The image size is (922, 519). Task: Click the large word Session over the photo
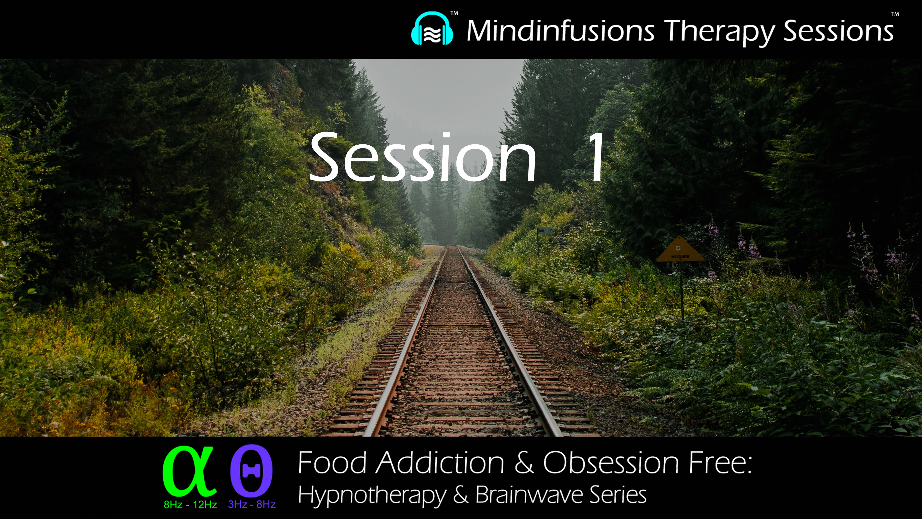(x=423, y=158)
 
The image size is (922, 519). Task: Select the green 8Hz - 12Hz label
(x=190, y=505)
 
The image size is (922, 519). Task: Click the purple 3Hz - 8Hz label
(x=252, y=504)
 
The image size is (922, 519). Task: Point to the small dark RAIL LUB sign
(x=545, y=231)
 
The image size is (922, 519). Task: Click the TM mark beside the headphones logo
(x=454, y=13)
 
